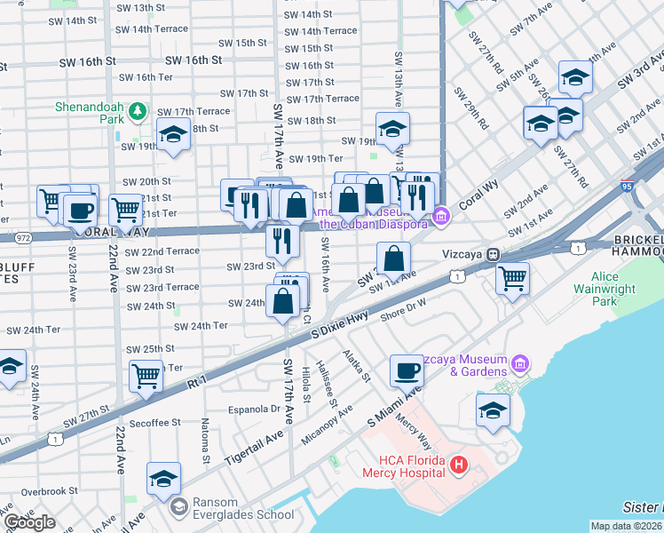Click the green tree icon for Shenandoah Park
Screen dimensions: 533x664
click(x=137, y=112)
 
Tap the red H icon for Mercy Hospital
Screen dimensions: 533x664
click(x=459, y=464)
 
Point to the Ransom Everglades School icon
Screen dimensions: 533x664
click(x=179, y=507)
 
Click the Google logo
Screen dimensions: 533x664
click(x=29, y=522)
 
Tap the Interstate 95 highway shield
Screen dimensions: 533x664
click(x=628, y=187)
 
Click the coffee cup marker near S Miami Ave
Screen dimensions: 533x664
click(x=407, y=370)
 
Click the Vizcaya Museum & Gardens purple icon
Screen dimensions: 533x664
click(x=520, y=364)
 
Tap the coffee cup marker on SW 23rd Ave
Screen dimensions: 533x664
click(x=80, y=211)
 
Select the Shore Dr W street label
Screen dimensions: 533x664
click(x=404, y=306)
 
